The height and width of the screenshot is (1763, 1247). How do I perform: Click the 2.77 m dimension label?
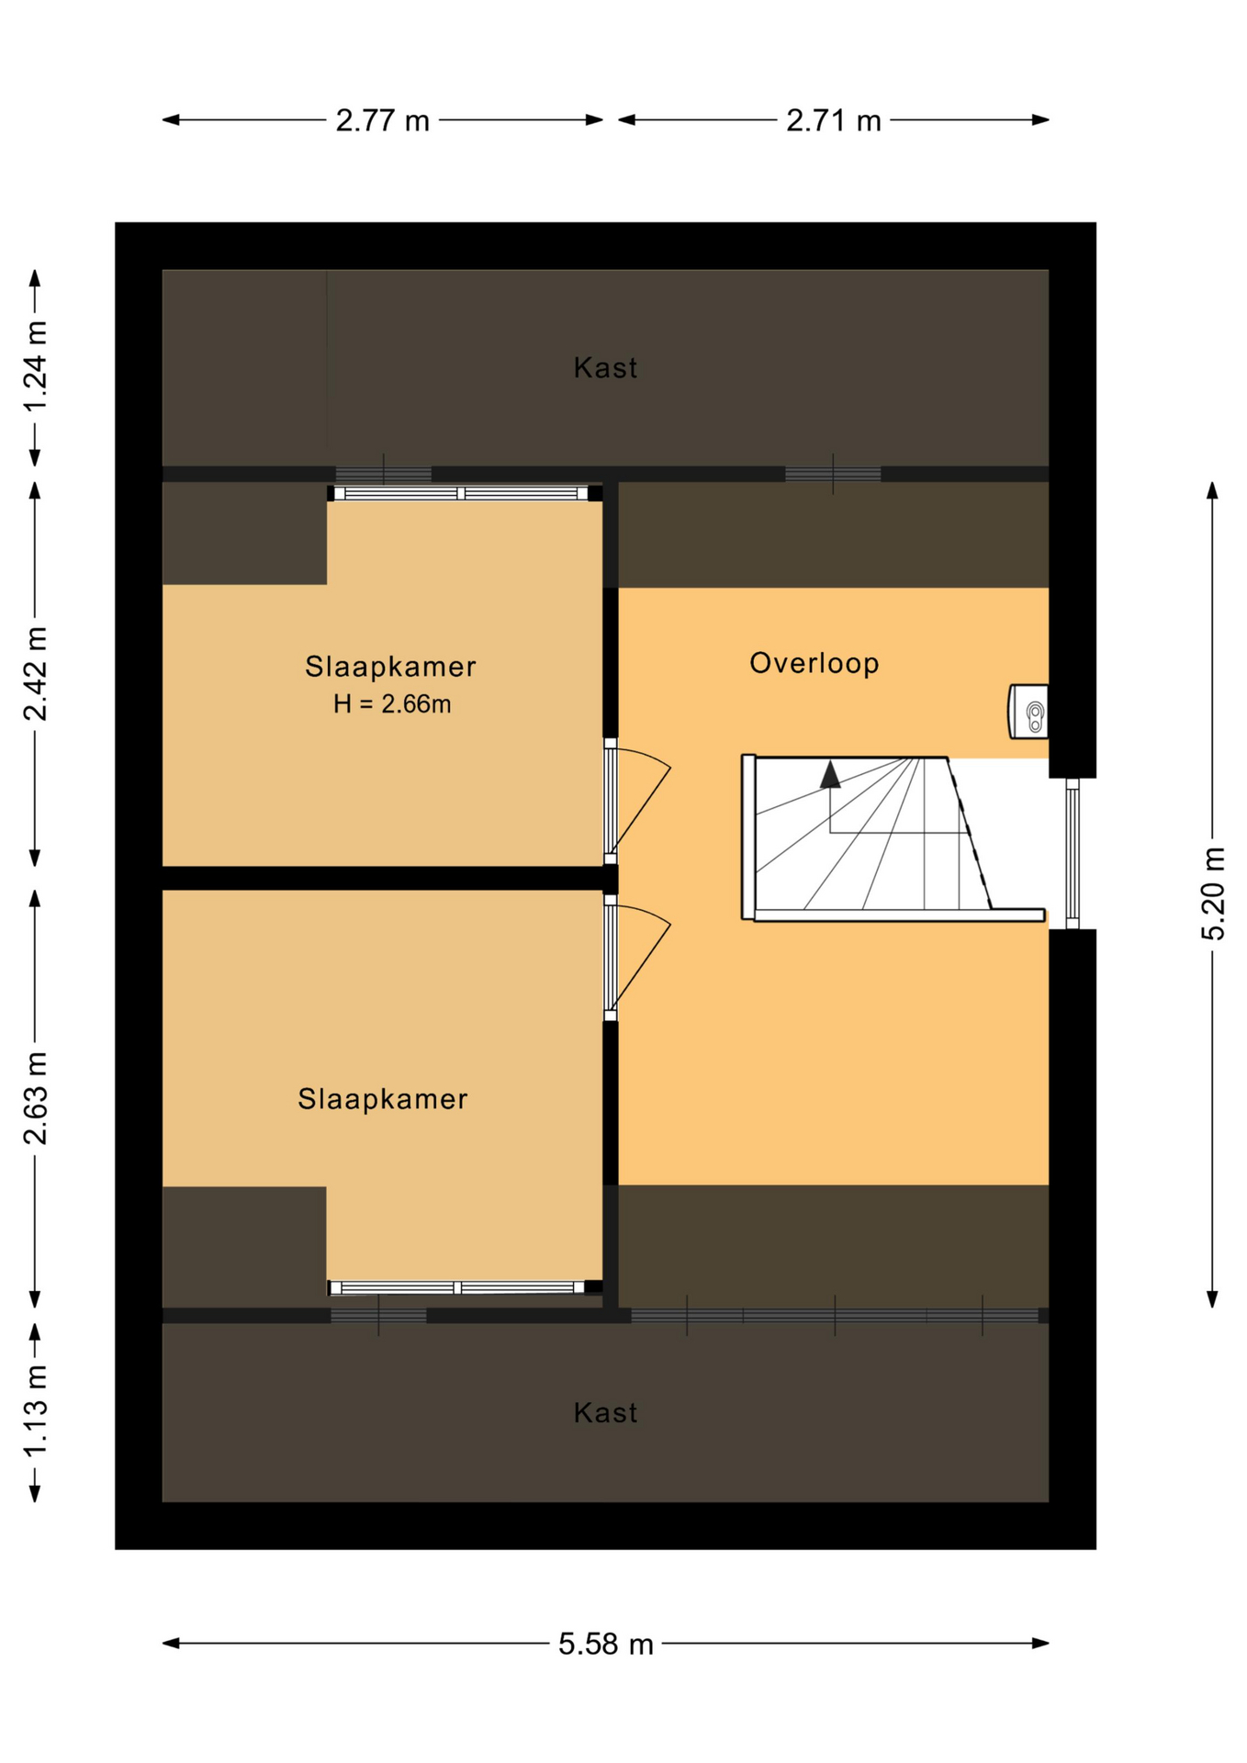pyautogui.click(x=382, y=120)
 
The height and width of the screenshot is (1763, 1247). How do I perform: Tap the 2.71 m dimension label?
pyautogui.click(x=833, y=120)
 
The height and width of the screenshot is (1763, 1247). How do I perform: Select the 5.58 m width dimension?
pyautogui.click(x=606, y=1644)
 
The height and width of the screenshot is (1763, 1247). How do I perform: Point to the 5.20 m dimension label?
pyautogui.click(x=1213, y=893)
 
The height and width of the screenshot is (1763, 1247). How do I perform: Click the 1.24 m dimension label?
pyautogui.click(x=35, y=367)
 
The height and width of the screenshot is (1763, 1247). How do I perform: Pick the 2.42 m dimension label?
pyautogui.click(x=35, y=674)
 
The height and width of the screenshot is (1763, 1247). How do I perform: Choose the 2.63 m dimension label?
pyautogui.click(x=35, y=1098)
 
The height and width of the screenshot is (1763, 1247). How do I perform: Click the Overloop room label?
pyautogui.click(x=814, y=663)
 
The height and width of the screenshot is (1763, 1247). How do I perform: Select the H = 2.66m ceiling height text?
pyautogui.click(x=392, y=704)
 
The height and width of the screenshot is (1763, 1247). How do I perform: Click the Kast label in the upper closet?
pyautogui.click(x=605, y=367)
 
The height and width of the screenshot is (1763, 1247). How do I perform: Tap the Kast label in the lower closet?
pyautogui.click(x=605, y=1412)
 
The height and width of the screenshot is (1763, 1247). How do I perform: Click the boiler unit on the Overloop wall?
pyautogui.click(x=1028, y=711)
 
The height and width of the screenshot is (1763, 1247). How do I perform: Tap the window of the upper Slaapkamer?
pyautogui.click(x=460, y=493)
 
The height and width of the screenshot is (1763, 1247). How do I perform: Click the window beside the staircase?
pyautogui.click(x=1072, y=853)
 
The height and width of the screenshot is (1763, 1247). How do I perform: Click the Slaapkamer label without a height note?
pyautogui.click(x=383, y=1098)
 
